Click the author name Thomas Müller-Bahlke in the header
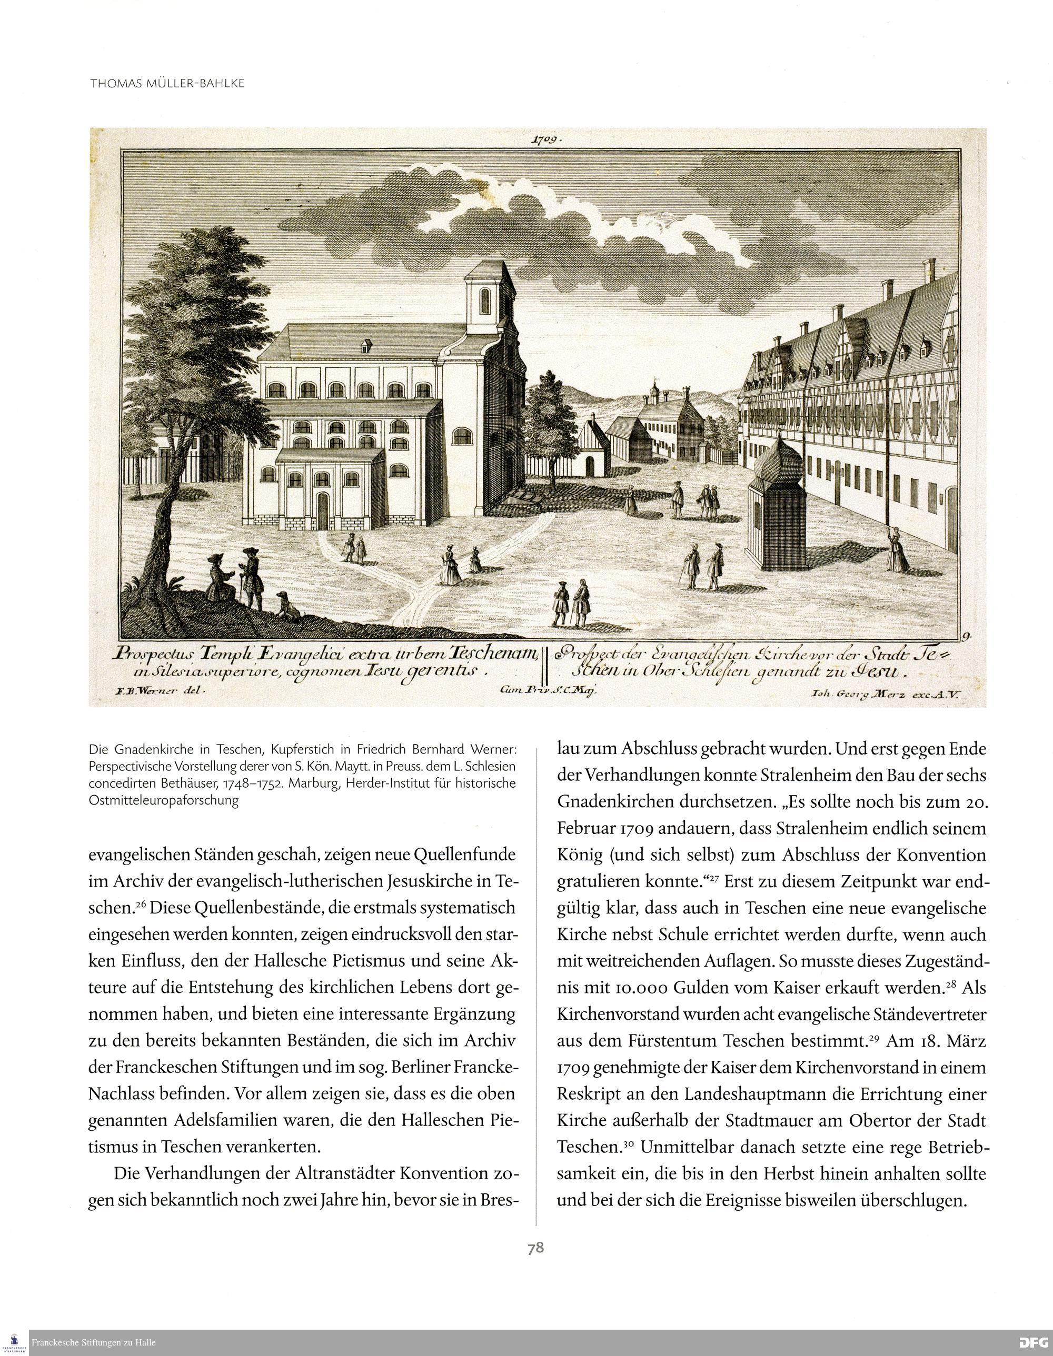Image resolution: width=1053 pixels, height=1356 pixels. [x=167, y=83]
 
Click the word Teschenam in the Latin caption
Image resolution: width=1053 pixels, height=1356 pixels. [x=494, y=654]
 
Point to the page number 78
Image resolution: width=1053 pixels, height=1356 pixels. [x=535, y=1248]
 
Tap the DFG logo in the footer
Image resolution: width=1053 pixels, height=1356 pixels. [x=1034, y=1342]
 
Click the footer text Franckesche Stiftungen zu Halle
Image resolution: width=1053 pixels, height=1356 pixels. [x=93, y=1342]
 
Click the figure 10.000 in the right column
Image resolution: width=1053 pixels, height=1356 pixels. [x=646, y=988]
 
